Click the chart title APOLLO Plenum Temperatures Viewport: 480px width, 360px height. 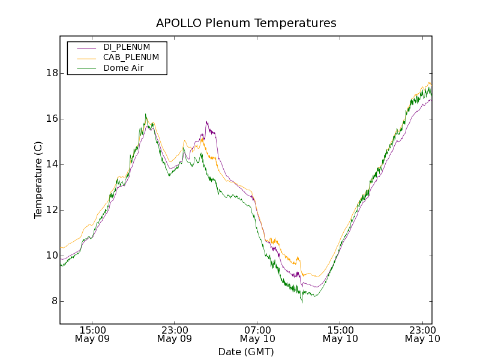[x=246, y=23]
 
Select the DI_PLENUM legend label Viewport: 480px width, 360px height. [x=127, y=47]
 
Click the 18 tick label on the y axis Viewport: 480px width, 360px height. [x=52, y=73]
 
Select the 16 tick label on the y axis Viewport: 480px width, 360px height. [x=52, y=119]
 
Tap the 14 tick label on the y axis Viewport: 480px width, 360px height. [x=52, y=164]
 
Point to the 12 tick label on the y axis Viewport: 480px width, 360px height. [x=52, y=210]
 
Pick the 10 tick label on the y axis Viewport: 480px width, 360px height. [x=52, y=256]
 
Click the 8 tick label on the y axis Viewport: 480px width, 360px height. [x=54, y=301]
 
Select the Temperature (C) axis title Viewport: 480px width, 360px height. [x=38, y=180]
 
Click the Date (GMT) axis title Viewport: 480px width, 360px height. [x=246, y=352]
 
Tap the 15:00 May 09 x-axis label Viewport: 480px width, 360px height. [x=92, y=334]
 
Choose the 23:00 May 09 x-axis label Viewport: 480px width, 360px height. [x=175, y=334]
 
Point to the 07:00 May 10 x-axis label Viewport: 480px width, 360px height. [x=257, y=334]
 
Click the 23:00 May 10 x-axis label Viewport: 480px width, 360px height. [x=422, y=334]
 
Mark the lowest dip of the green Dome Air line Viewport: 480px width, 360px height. [x=302, y=302]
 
